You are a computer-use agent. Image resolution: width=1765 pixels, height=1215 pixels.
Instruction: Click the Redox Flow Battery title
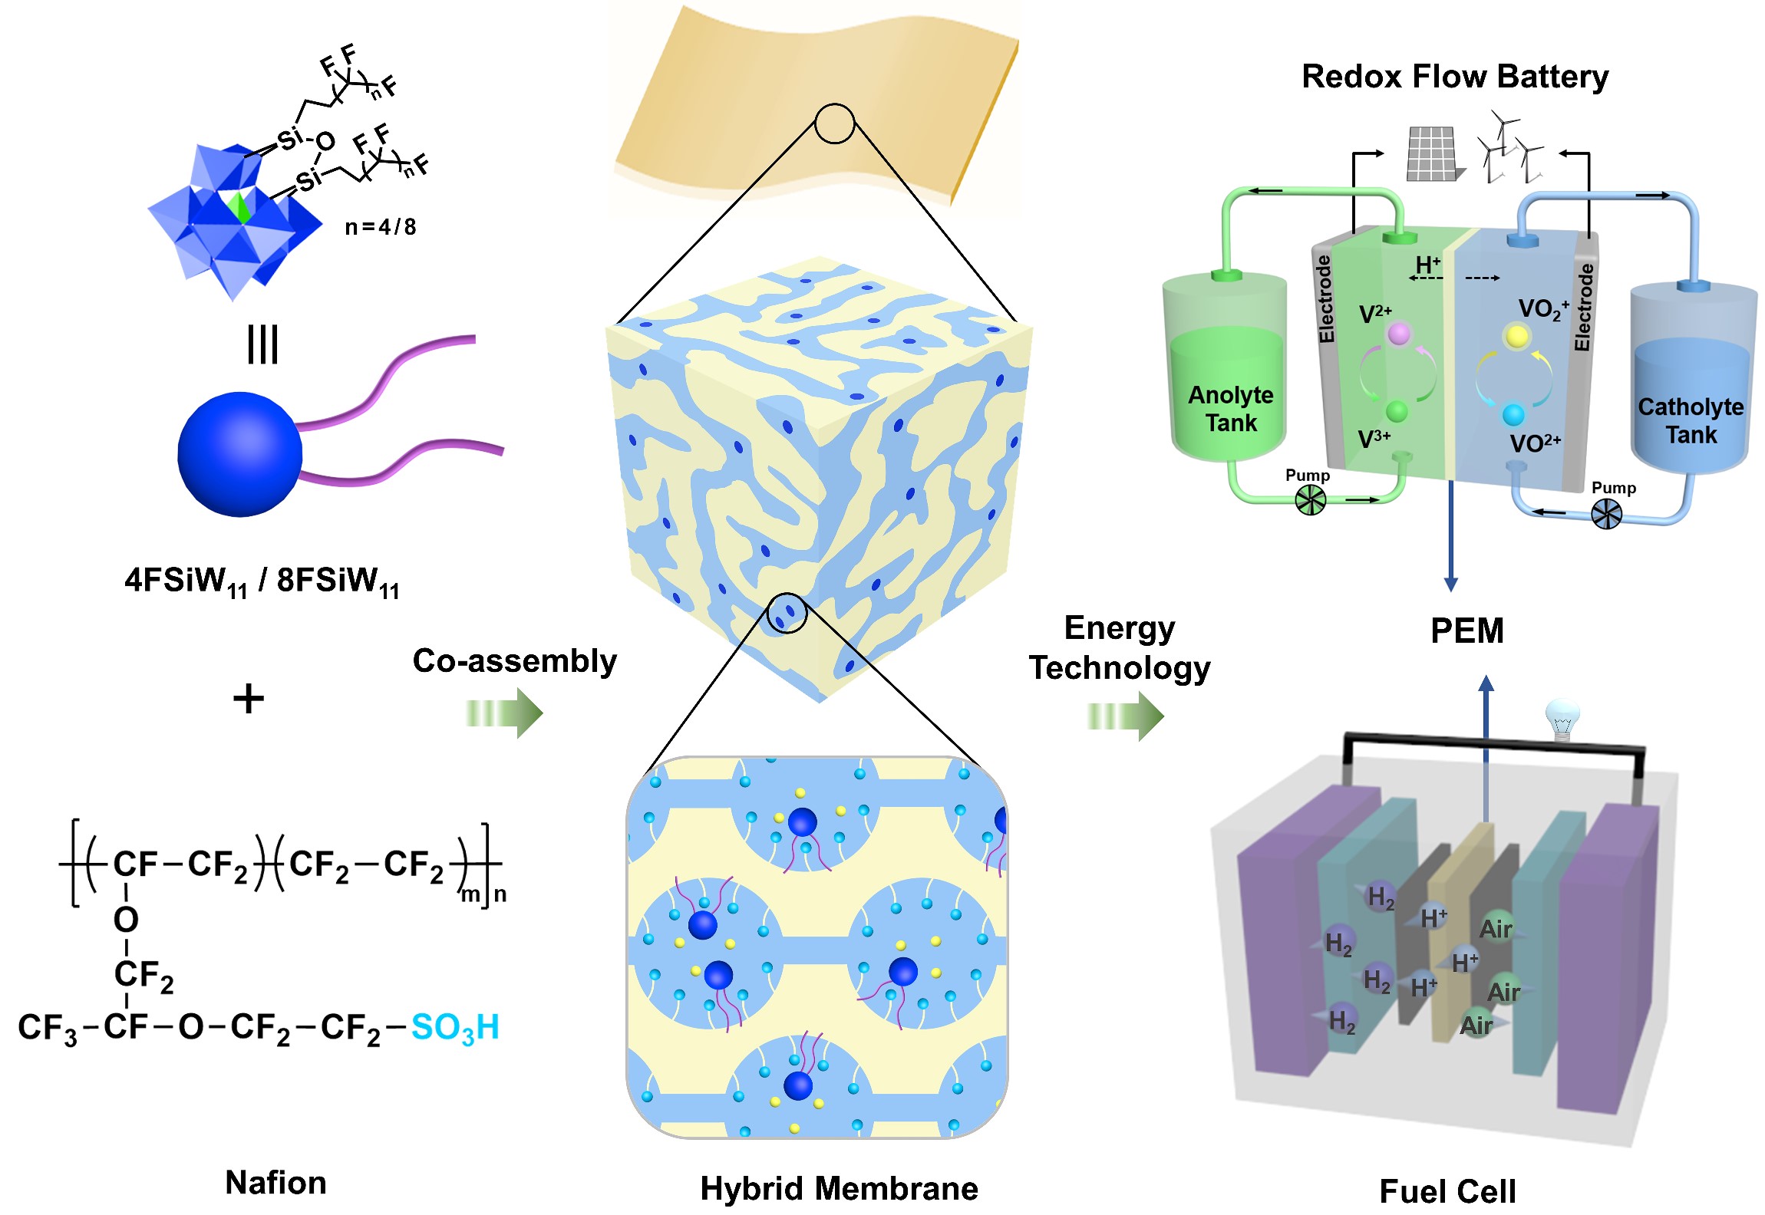tap(1454, 77)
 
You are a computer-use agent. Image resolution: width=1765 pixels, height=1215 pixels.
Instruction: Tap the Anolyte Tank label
tap(1230, 409)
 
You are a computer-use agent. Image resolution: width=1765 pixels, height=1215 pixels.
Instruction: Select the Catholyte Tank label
tap(1690, 420)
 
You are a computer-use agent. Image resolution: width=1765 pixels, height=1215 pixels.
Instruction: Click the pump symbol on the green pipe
tap(1310, 501)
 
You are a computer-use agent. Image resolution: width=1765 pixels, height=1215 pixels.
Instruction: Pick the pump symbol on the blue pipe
tap(1606, 514)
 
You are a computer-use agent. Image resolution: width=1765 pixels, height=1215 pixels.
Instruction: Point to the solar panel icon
tap(1433, 154)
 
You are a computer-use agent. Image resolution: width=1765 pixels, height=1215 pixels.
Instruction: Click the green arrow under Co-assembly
tap(504, 713)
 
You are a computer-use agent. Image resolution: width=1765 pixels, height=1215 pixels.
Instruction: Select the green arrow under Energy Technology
tap(1125, 716)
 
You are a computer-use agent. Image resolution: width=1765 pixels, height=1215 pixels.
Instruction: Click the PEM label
tap(1466, 631)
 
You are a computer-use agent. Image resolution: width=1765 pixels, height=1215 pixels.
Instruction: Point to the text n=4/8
tap(381, 227)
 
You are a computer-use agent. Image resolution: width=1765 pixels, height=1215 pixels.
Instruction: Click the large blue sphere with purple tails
tap(239, 455)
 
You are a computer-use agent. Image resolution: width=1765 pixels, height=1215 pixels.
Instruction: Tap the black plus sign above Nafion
tap(248, 700)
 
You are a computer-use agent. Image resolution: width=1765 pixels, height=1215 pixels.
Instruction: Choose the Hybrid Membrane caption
tap(839, 1188)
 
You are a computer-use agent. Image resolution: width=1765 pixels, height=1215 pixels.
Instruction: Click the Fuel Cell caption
tap(1447, 1191)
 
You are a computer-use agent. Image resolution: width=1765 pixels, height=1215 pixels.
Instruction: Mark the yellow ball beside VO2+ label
tap(1516, 337)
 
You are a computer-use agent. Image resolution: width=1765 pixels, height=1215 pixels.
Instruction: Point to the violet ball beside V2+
tap(1399, 334)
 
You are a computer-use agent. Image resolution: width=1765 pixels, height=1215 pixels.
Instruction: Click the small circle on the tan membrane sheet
tap(834, 123)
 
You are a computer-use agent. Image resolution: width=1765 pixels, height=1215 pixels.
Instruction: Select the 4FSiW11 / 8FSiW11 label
tap(262, 581)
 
